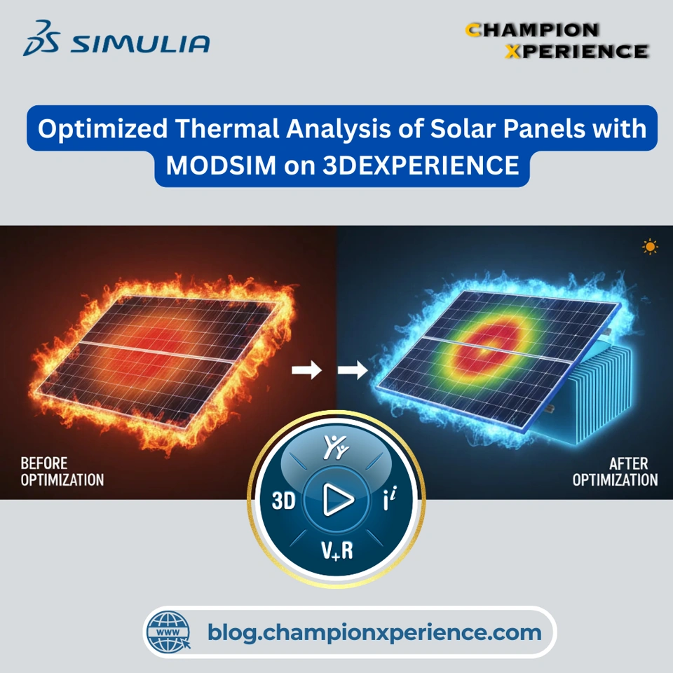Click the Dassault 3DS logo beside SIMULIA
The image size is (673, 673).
[41, 38]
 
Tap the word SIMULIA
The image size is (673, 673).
[140, 43]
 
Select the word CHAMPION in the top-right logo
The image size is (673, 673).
[532, 30]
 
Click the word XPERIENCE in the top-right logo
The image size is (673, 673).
[577, 51]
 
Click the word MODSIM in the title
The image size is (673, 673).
[221, 165]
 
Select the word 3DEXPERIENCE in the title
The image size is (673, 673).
[421, 165]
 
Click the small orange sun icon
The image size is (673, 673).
[650, 247]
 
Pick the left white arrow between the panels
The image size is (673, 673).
[306, 369]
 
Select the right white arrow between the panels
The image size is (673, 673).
[353, 369]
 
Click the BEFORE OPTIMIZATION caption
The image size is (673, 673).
[62, 471]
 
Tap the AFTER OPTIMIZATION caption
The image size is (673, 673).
[615, 471]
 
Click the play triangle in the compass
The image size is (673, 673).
[338, 499]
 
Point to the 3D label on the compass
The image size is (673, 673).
[284, 501]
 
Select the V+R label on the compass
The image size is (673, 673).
[337, 550]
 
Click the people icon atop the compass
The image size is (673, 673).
[336, 447]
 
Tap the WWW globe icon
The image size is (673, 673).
[168, 632]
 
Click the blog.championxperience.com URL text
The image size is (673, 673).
[374, 632]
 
